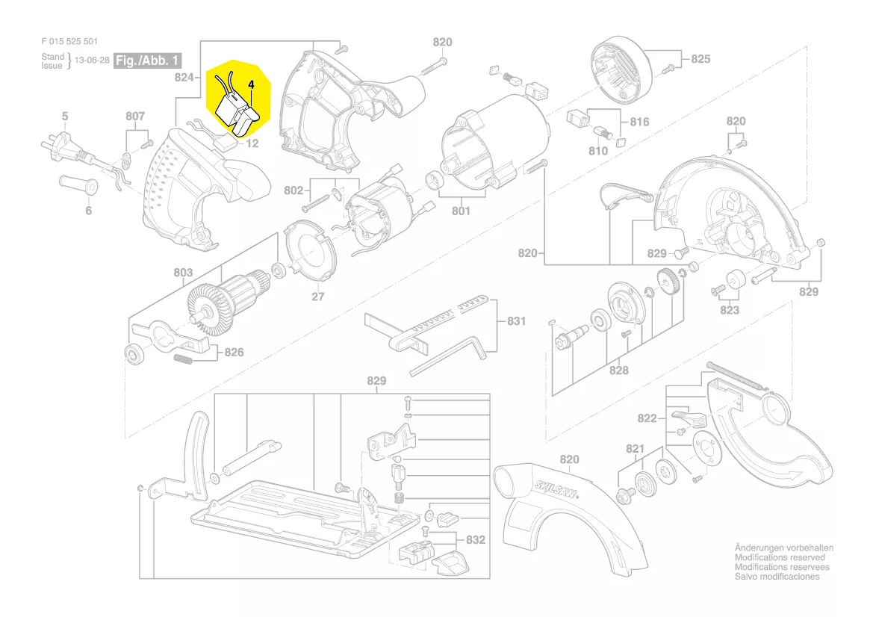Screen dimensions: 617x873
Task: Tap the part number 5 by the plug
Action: point(65,116)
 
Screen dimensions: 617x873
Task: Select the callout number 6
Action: point(88,211)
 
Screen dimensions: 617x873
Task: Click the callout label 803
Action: point(183,273)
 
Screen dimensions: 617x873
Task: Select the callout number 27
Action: point(319,297)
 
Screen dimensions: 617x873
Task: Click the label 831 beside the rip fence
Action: point(516,321)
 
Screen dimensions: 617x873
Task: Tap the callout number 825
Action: point(700,59)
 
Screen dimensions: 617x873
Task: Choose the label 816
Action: point(639,122)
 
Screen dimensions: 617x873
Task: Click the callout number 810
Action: point(597,151)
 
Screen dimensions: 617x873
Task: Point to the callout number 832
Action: point(476,539)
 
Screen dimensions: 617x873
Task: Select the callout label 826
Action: point(234,351)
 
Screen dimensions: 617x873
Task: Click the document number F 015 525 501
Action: point(69,42)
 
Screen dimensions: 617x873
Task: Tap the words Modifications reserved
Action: point(780,557)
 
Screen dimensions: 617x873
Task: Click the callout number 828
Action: point(618,370)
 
